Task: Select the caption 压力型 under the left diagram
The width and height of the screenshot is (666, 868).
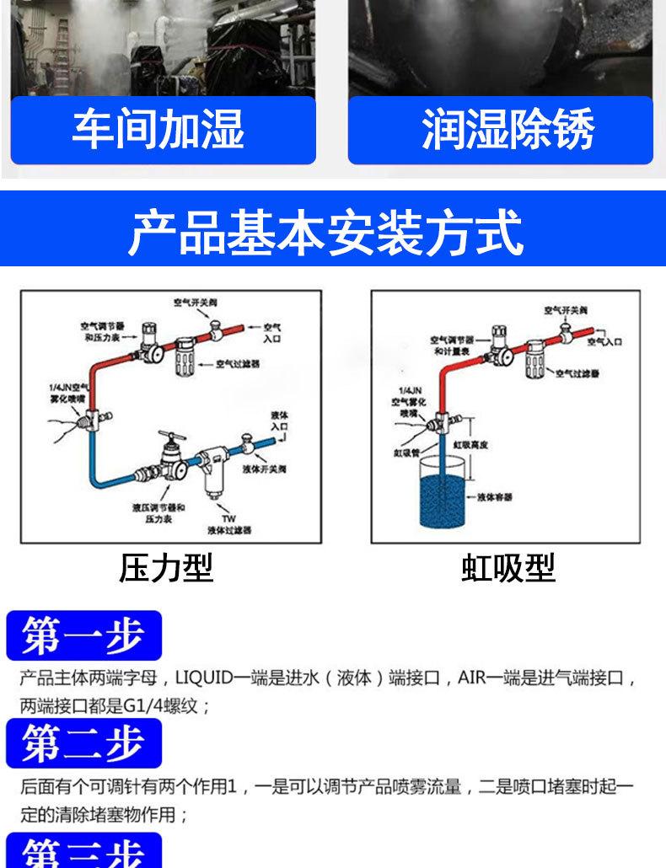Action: [x=166, y=567]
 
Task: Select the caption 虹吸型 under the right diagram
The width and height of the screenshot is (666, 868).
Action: [x=508, y=567]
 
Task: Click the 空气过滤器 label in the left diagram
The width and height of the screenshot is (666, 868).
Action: [x=238, y=365]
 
